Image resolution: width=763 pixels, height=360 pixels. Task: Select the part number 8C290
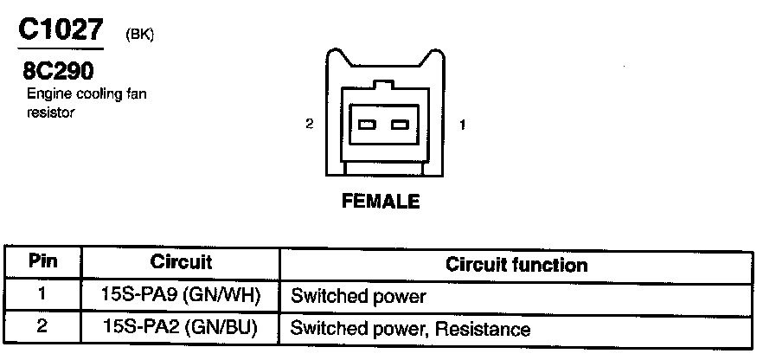[59, 69]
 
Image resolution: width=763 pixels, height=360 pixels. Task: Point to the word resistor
[51, 112]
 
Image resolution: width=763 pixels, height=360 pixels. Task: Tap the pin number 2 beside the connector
[309, 125]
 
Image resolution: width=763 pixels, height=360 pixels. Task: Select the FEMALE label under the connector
[381, 202]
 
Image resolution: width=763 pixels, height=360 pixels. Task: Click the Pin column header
[42, 260]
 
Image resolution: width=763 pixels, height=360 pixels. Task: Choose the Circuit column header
[181, 261]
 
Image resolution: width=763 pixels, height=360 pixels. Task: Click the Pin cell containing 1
[42, 294]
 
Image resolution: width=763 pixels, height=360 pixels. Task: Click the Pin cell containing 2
[42, 328]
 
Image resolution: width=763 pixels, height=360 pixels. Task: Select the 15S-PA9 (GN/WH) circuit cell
[181, 295]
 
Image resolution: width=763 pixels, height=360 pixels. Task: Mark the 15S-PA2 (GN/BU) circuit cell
[181, 329]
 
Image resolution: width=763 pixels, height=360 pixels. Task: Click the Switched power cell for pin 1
[359, 297]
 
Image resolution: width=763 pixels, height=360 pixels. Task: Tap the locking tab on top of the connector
[382, 85]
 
